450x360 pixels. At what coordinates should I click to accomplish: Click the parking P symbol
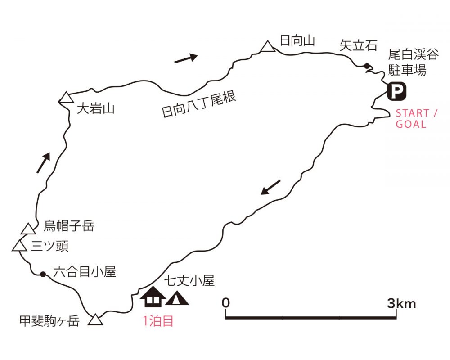[396, 91]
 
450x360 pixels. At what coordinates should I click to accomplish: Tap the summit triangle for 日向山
[268, 46]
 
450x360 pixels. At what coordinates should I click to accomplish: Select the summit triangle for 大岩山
[66, 97]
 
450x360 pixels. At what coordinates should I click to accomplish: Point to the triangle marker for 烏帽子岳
[28, 229]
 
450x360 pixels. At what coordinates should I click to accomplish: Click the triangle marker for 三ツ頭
[19, 246]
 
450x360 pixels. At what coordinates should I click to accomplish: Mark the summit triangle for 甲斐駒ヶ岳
[95, 319]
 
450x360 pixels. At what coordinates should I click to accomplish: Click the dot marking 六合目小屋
[43, 274]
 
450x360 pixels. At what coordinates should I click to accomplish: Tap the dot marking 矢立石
[367, 66]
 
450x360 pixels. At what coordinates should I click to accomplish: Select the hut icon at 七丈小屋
[153, 296]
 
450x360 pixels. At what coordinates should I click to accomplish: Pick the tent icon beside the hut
[177, 298]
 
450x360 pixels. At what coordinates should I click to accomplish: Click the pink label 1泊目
[158, 321]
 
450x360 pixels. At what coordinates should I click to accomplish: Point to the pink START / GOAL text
[416, 118]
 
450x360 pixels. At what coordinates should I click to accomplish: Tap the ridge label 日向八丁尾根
[199, 104]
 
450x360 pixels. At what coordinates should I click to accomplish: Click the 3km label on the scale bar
[401, 303]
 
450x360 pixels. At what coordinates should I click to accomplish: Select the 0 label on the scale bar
[226, 303]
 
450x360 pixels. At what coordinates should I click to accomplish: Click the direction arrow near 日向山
[186, 58]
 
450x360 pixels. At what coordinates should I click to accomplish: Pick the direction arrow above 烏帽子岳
[44, 163]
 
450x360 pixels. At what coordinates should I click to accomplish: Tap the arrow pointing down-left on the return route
[270, 187]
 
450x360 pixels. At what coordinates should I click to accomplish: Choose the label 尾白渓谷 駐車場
[414, 62]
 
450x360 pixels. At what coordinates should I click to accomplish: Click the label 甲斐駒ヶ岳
[49, 321]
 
